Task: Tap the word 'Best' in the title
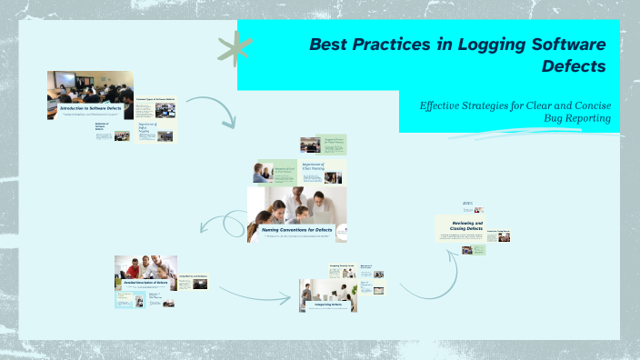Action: tap(329, 45)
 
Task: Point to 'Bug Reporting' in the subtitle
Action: tap(577, 118)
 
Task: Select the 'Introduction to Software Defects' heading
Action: tap(90, 108)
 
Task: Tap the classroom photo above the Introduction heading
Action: tap(90, 87)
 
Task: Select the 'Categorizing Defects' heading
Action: tap(328, 305)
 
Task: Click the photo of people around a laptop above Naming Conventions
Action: tap(296, 206)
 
